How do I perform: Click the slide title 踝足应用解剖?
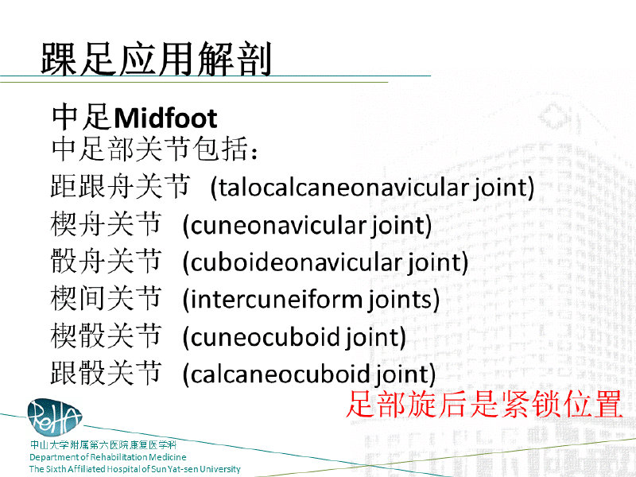(x=156, y=59)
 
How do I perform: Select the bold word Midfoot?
(x=165, y=118)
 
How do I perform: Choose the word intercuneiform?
(x=276, y=300)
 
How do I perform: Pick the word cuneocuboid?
(x=265, y=337)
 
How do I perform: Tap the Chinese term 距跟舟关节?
(x=121, y=186)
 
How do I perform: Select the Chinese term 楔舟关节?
(x=107, y=223)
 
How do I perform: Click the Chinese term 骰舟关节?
(x=107, y=261)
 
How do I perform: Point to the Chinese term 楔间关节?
(x=107, y=298)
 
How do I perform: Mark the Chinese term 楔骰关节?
(x=107, y=335)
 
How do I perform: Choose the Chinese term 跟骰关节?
(x=107, y=373)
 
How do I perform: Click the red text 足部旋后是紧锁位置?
(x=485, y=404)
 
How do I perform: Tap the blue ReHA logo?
(x=54, y=417)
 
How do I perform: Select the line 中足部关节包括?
(x=154, y=149)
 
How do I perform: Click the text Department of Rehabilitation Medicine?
(x=108, y=457)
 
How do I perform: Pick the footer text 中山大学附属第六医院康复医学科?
(x=103, y=445)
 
